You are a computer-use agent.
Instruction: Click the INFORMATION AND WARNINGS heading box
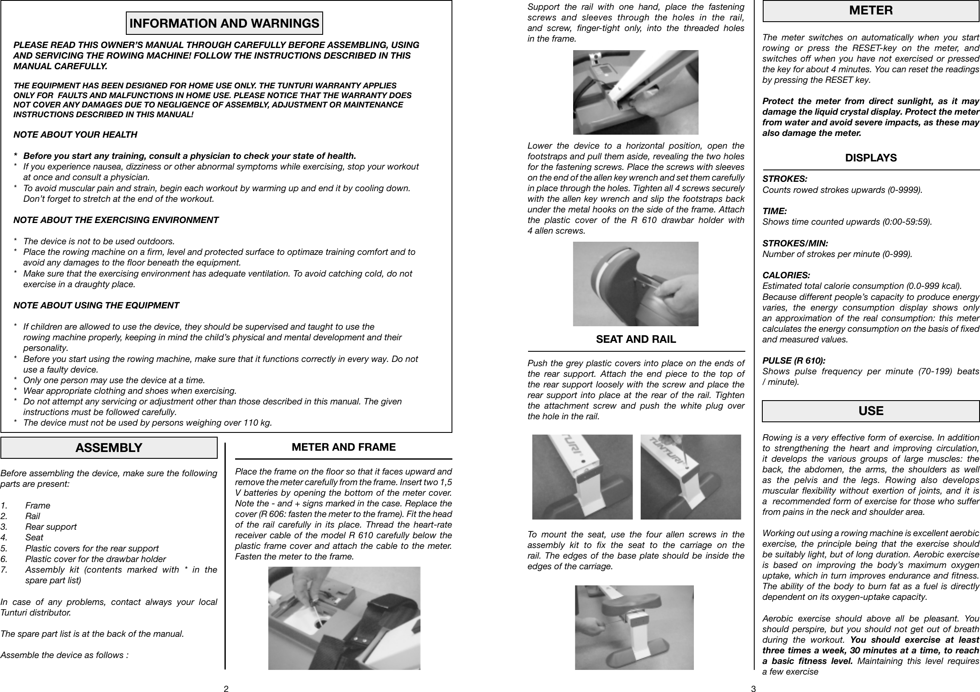(x=224, y=23)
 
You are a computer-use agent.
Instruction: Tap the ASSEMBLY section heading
(x=109, y=448)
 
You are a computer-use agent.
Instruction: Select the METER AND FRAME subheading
(x=344, y=447)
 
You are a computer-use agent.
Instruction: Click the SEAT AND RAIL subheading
(x=636, y=339)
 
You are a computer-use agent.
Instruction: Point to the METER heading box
(x=871, y=11)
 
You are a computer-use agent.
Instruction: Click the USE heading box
(x=871, y=411)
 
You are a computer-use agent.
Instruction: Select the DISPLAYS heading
(x=871, y=158)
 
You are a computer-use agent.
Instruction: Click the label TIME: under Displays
(x=775, y=211)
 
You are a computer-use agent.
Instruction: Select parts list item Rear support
(x=51, y=527)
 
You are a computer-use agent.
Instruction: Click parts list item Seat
(x=34, y=537)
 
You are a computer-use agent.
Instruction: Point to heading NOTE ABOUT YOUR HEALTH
(x=76, y=135)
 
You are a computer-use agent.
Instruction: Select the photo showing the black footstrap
(x=344, y=618)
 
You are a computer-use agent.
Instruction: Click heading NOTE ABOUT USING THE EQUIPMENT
(x=97, y=305)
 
